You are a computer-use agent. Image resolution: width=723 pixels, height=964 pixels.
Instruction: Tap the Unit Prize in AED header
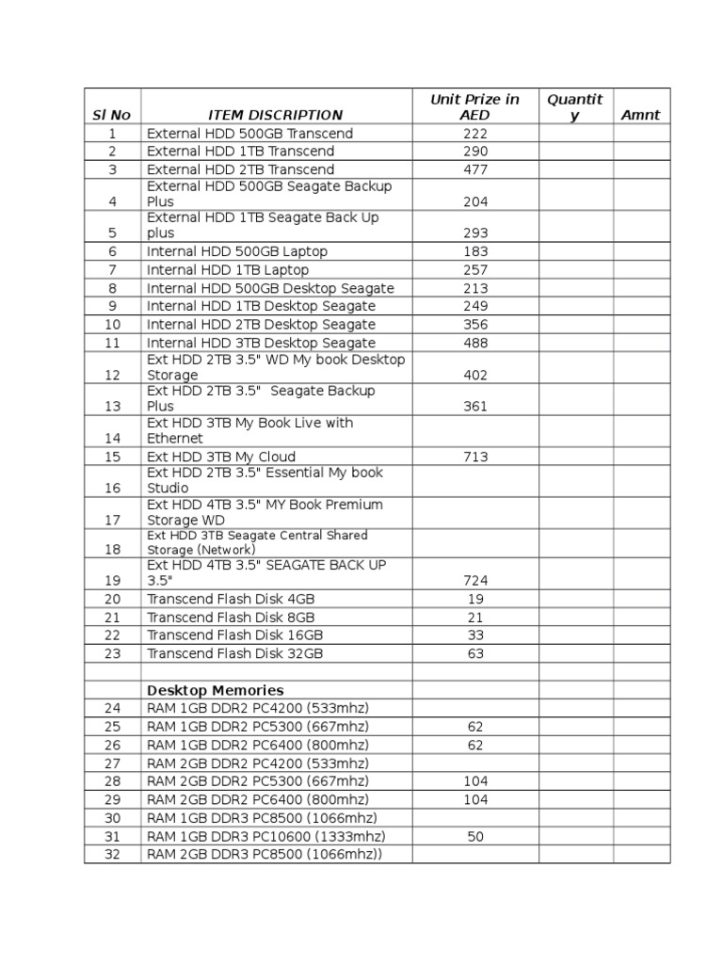pos(475,107)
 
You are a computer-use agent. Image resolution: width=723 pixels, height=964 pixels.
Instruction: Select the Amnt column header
pos(641,116)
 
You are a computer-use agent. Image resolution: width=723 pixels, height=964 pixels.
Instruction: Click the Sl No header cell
pos(112,116)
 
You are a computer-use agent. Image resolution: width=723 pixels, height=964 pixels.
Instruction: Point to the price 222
pos(475,134)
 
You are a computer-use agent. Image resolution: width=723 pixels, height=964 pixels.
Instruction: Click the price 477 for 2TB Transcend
pos(475,170)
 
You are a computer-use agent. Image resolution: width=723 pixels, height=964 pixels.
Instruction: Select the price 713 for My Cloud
pos(475,458)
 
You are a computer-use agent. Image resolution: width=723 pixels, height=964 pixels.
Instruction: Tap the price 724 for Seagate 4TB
pos(475,581)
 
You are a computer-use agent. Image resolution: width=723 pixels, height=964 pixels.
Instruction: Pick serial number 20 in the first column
pos(113,599)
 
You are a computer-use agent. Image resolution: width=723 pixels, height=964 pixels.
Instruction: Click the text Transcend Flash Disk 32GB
pos(235,653)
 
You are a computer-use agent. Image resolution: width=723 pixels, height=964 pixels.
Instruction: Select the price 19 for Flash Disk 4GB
pos(475,599)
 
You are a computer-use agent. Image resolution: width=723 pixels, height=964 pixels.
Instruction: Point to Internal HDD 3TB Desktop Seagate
pos(261,344)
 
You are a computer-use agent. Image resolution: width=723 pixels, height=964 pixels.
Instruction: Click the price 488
pos(475,344)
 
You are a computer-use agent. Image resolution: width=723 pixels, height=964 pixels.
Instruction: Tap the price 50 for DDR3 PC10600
pos(475,837)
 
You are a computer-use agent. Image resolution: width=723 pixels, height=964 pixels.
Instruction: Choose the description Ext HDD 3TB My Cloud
pos(221,458)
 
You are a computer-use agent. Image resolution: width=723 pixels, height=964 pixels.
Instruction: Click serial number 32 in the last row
pos(113,855)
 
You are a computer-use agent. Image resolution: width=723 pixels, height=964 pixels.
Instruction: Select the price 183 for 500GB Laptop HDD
pos(475,252)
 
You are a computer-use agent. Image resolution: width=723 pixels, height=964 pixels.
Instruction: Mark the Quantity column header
pos(575,107)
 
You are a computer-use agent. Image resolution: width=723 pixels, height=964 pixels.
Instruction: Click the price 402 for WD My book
pos(475,376)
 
